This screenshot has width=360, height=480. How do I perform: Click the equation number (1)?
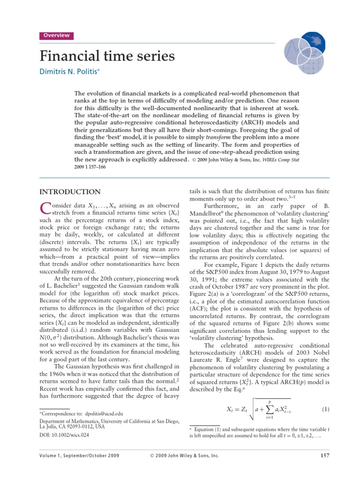(326, 410)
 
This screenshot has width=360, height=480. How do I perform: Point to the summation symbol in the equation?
(270, 411)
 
